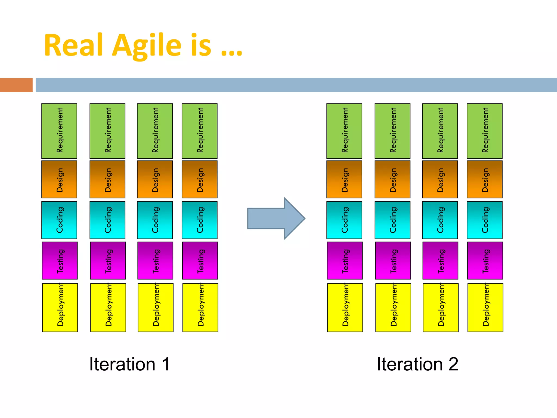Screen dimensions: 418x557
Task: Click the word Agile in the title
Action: tap(147, 46)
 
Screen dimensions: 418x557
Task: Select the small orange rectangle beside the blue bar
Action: tap(16, 85)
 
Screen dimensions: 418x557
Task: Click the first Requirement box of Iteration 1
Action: tap(59, 131)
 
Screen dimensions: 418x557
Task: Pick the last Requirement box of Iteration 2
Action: tap(485, 131)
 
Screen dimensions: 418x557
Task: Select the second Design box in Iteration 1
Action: tap(107, 179)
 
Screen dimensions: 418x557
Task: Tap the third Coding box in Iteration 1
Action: tap(155, 220)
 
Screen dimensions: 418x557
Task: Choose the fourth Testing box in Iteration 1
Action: tap(200, 260)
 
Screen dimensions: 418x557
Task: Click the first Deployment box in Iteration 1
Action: tap(60, 308)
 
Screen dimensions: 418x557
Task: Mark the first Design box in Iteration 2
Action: tap(344, 179)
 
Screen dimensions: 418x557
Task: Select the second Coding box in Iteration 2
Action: tap(392, 220)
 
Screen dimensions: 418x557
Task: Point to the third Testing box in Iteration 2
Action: tap(440, 260)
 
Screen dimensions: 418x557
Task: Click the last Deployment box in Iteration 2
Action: tap(485, 308)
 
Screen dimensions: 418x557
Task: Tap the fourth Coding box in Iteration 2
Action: tap(485, 220)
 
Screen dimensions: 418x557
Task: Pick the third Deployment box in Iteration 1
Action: tap(156, 308)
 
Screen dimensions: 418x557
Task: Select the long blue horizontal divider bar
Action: tap(296, 85)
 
